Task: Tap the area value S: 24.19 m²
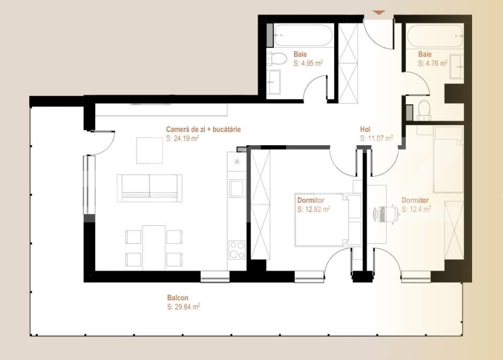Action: pos(182,139)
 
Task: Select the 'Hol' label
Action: pos(365,129)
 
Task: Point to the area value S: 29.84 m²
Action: pos(183,307)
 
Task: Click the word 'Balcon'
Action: pos(178,298)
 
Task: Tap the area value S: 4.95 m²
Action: pos(308,63)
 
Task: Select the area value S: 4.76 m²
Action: pos(433,63)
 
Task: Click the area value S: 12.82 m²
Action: pos(313,210)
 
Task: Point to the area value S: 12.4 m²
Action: pos(416,209)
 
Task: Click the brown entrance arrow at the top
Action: pos(378,12)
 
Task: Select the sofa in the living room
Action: pos(150,188)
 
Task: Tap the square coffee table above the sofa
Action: pos(149,150)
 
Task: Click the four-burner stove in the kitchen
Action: pos(237,249)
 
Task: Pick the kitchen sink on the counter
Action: pos(236,187)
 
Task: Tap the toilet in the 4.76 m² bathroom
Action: pos(424,109)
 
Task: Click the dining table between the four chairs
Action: pos(154,246)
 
